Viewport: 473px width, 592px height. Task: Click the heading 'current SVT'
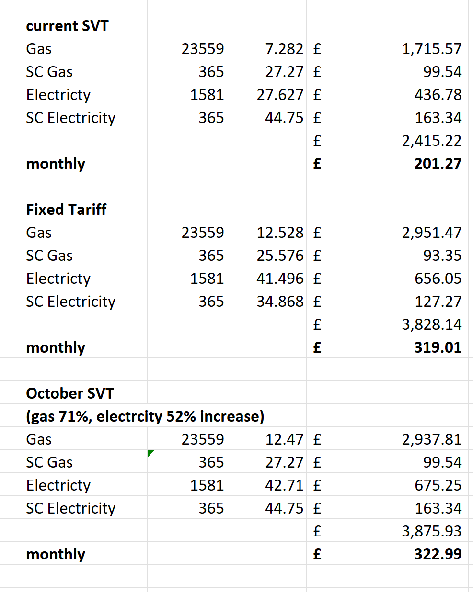(x=67, y=26)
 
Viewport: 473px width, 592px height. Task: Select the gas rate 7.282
(x=284, y=49)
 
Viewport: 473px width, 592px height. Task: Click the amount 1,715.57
(x=431, y=49)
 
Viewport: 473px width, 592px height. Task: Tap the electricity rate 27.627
(x=280, y=95)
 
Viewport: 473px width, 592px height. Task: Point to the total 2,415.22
(x=431, y=141)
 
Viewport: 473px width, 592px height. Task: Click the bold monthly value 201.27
(x=438, y=164)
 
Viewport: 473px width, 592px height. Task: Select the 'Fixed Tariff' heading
(x=66, y=210)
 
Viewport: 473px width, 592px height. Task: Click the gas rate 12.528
(x=280, y=233)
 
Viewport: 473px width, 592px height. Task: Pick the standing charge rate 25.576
(x=280, y=256)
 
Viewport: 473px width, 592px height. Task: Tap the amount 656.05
(x=438, y=279)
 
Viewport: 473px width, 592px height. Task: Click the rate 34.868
(x=280, y=302)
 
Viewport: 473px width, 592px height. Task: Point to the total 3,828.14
(x=431, y=324)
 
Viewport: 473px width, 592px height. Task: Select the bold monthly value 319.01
(x=438, y=347)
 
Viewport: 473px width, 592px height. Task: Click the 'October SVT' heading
(x=70, y=393)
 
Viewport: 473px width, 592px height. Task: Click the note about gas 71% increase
(x=145, y=416)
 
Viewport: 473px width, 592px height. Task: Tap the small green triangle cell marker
(x=150, y=453)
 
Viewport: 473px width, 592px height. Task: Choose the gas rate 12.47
(x=284, y=439)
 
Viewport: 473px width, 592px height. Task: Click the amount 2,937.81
(x=431, y=439)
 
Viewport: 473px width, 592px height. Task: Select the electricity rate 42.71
(x=284, y=485)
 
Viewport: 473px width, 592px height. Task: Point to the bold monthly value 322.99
(x=438, y=554)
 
